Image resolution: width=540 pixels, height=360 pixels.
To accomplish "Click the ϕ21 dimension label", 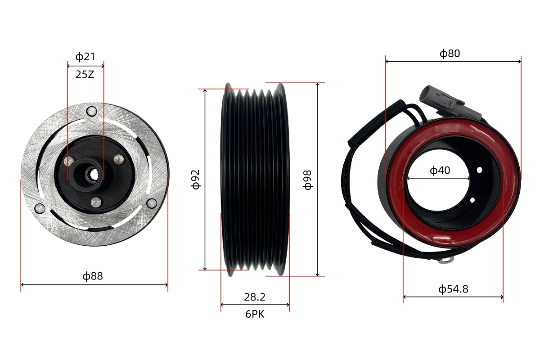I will pyautogui.click(x=85, y=57).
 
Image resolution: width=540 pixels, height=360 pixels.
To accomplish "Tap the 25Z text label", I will pyautogui.click(x=85, y=75).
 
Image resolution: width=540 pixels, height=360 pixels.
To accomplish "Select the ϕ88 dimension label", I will pyautogui.click(x=93, y=276).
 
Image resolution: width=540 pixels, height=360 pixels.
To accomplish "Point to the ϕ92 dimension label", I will pyautogui.click(x=195, y=179).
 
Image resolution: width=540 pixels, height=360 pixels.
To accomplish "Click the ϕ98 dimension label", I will pyautogui.click(x=308, y=179).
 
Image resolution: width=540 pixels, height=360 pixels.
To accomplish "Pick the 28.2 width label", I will pyautogui.click(x=255, y=297).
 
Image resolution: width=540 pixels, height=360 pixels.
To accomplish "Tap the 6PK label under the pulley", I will pyautogui.click(x=255, y=314).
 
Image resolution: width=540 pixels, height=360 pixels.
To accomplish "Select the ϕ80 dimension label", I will pyautogui.click(x=450, y=54).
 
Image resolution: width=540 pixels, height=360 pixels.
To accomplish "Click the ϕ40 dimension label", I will pyautogui.click(x=440, y=171).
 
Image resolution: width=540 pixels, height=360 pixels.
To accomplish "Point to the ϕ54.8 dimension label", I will pyautogui.click(x=453, y=289).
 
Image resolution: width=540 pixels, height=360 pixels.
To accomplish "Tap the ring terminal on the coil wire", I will pyautogui.click(x=446, y=260).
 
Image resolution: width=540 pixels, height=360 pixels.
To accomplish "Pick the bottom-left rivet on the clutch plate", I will pyautogui.click(x=40, y=208).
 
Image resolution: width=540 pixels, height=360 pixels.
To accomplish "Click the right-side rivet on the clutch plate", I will pyautogui.click(x=151, y=205).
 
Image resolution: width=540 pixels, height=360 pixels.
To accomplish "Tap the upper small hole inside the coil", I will pyautogui.click(x=480, y=170).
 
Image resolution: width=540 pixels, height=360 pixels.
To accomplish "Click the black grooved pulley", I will pyautogui.click(x=255, y=179).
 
